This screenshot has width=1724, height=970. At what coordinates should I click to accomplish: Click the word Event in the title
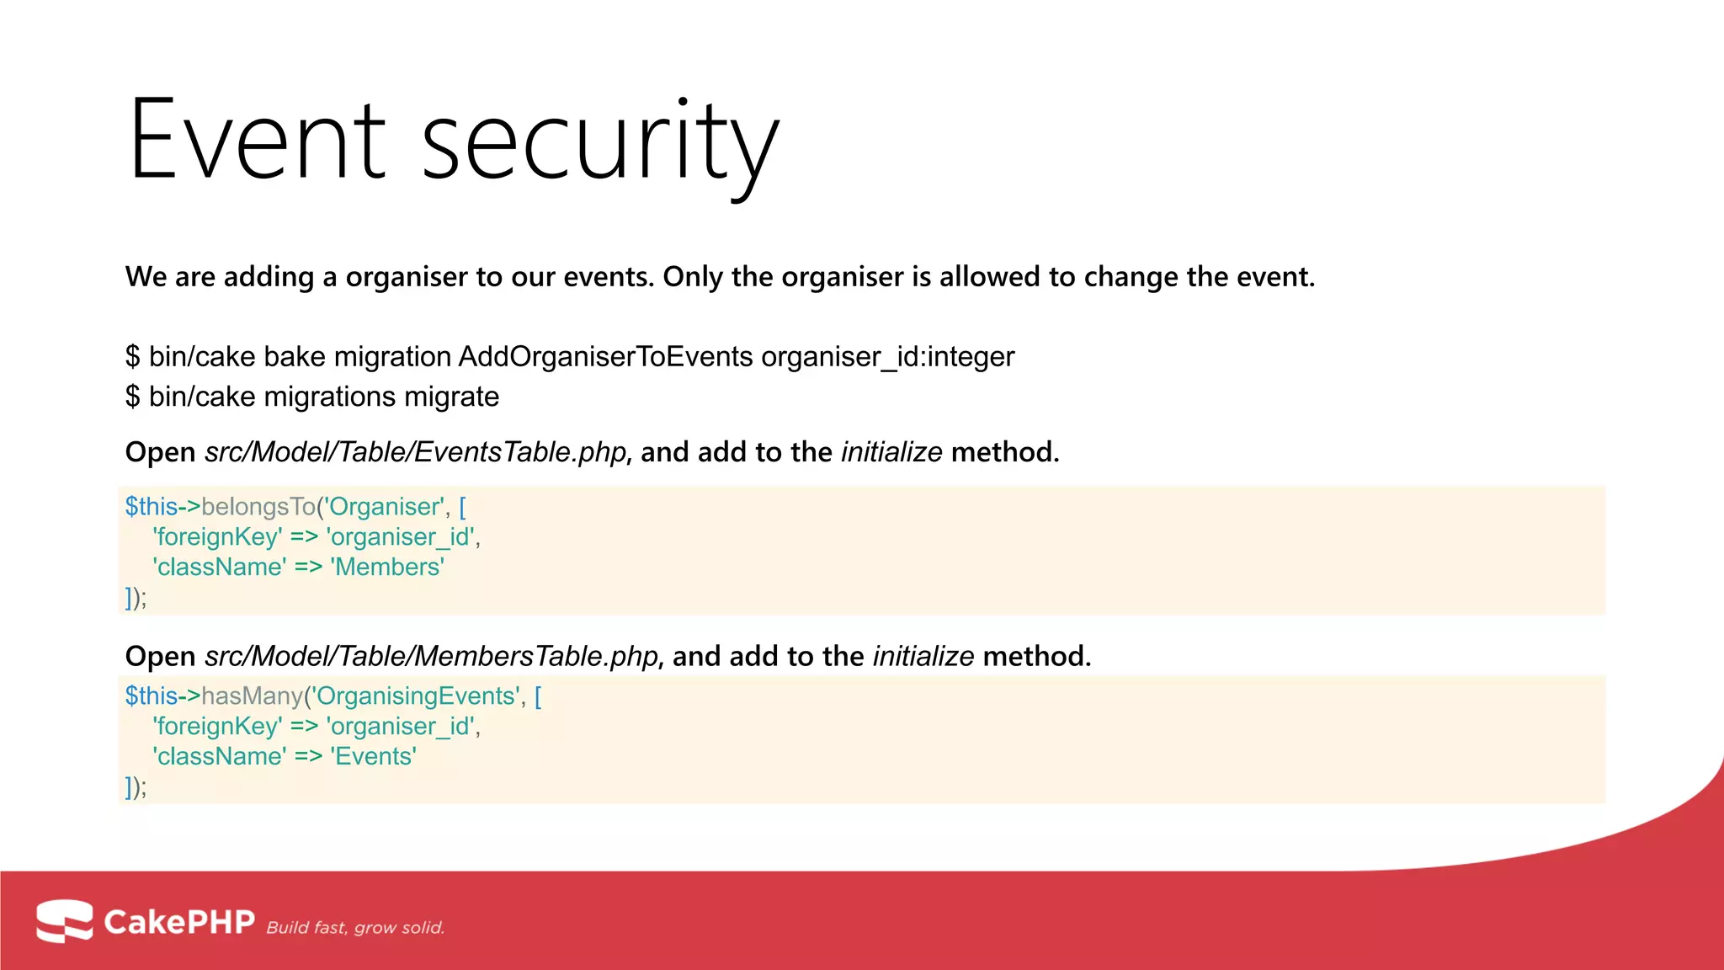click(x=257, y=141)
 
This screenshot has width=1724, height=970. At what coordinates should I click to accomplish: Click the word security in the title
click(x=599, y=143)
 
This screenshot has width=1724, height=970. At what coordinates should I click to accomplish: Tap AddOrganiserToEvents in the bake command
click(x=605, y=357)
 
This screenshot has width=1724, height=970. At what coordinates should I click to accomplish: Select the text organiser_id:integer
click(x=887, y=357)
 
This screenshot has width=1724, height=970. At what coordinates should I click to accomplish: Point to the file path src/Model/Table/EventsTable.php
click(x=415, y=452)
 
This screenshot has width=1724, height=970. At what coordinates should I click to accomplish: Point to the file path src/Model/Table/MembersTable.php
click(x=431, y=657)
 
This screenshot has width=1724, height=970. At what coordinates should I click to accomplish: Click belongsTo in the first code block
click(x=258, y=507)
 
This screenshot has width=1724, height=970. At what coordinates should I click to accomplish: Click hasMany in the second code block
click(x=252, y=696)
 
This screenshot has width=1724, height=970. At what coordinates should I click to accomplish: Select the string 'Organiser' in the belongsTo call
click(x=384, y=507)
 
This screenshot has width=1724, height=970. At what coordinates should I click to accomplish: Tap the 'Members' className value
click(x=387, y=568)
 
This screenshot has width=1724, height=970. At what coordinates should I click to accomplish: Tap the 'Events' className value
click(x=373, y=757)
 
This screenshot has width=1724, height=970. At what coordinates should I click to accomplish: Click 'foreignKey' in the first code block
click(x=217, y=537)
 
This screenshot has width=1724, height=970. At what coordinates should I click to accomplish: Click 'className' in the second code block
click(x=219, y=757)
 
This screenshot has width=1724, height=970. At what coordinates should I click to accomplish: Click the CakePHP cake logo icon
click(x=64, y=921)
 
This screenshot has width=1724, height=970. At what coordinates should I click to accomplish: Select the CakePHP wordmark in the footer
click(x=178, y=922)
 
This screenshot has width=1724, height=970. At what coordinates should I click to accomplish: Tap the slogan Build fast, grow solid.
click(x=355, y=928)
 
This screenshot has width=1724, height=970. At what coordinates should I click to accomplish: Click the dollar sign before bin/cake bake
click(x=132, y=357)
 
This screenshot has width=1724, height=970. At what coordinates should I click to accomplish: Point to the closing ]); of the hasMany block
click(x=136, y=787)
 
